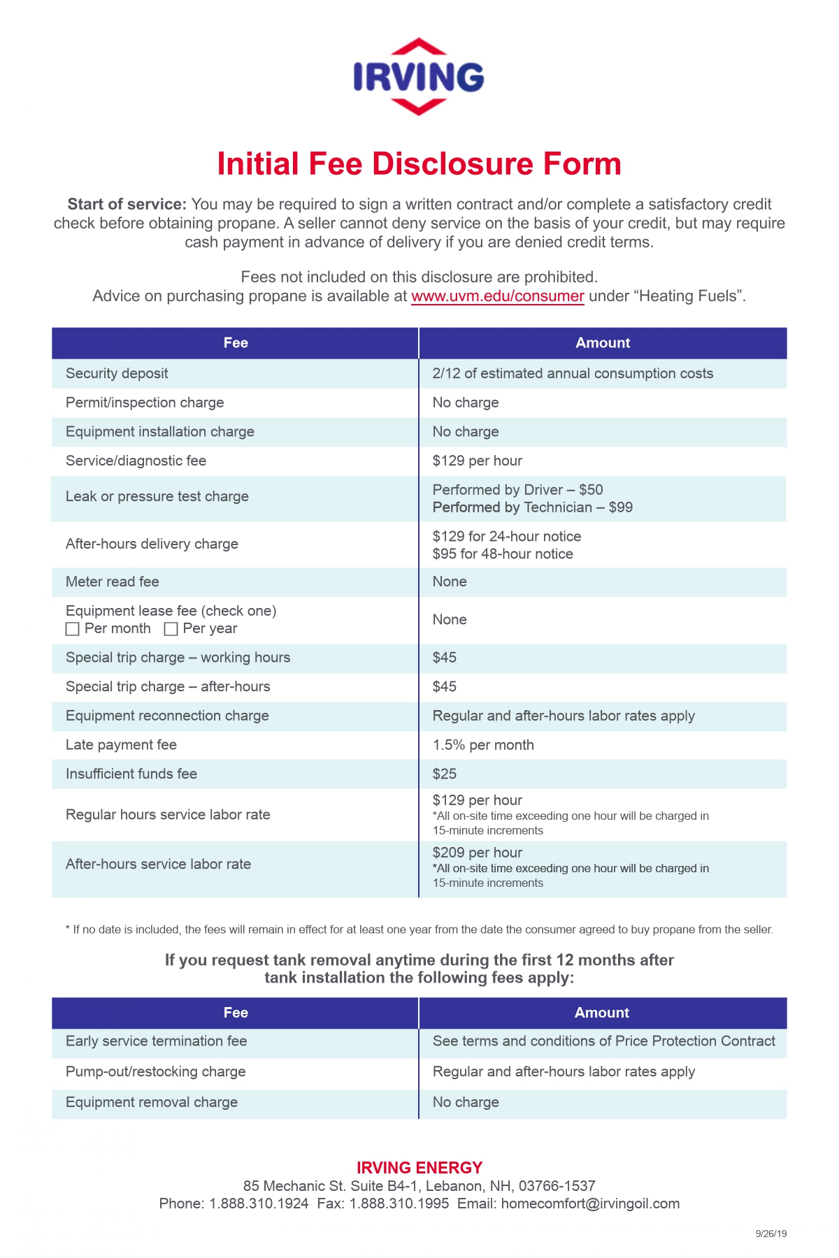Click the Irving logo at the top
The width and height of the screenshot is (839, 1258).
418,77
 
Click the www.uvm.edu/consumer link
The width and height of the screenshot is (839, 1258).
497,296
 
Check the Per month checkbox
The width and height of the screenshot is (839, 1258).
72,629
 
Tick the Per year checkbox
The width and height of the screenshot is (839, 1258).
171,629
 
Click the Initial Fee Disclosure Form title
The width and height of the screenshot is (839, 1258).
419,164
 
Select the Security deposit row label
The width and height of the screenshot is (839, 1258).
117,373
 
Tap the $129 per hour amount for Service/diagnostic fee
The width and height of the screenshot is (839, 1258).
477,461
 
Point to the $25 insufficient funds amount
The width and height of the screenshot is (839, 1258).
444,774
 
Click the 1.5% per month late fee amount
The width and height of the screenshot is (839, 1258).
482,745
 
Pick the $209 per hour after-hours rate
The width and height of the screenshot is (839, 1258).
477,853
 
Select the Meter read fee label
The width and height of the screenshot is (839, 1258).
112,581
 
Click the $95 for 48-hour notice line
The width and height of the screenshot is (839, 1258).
502,554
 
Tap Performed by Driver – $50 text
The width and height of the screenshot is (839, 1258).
517,490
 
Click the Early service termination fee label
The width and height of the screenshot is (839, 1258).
156,1041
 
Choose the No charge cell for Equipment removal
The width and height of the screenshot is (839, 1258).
465,1102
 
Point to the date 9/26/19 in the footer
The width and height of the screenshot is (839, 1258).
770,1234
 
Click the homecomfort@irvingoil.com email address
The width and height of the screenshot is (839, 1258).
590,1203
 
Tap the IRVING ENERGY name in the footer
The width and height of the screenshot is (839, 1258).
419,1168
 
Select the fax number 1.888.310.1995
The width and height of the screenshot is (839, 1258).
399,1203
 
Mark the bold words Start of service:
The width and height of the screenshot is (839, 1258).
127,204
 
